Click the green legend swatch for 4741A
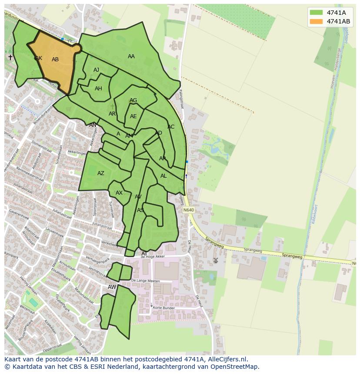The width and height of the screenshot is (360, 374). point(316,13)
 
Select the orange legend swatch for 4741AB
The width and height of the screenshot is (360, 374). point(316,21)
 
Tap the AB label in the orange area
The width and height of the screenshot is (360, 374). point(55,60)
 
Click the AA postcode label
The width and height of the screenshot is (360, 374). point(131,56)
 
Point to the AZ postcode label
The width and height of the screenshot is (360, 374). point(101,174)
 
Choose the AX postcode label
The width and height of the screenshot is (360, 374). point(119,193)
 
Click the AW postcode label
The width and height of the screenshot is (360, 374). point(112,287)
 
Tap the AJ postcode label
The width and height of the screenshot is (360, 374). point(97,70)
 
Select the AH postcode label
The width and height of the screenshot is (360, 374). point(98,89)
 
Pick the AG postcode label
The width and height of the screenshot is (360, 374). point(133,100)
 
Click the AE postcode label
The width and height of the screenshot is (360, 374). point(133,116)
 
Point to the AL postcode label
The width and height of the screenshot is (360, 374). point(163,176)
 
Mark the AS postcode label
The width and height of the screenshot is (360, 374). point(140,210)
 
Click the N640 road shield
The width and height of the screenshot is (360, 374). point(189,210)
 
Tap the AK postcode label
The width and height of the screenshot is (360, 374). point(39,58)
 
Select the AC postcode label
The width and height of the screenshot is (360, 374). point(171,127)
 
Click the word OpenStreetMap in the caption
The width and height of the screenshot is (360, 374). point(237,367)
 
